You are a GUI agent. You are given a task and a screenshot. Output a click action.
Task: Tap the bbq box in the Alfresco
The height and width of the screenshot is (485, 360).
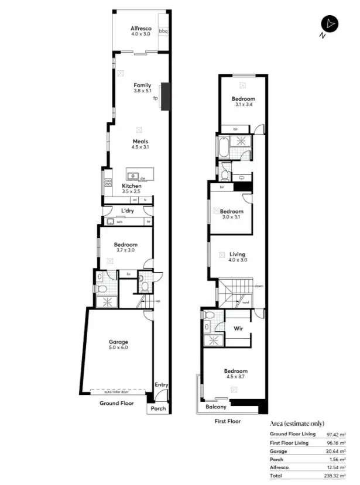pos(164,30)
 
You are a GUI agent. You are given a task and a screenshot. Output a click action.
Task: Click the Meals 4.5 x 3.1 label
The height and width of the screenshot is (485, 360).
pos(140,145)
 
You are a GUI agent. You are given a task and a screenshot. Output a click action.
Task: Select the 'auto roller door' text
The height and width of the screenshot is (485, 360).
pos(117,392)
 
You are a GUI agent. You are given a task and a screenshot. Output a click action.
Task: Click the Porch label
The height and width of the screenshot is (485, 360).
pos(158,408)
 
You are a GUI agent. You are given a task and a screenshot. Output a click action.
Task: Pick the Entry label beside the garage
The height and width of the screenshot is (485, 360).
pos(161,384)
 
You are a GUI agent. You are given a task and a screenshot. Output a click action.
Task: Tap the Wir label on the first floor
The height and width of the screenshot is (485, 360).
pos(238,329)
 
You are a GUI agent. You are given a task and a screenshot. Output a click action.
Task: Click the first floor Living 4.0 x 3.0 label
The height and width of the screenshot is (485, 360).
pos(238,257)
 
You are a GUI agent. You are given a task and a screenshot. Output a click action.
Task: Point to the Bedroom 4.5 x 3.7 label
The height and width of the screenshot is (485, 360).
pos(236,374)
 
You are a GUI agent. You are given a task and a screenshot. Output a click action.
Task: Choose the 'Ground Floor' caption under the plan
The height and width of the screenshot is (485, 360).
pos(116,404)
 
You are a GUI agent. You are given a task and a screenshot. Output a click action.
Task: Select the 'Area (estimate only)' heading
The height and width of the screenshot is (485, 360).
pos(297,423)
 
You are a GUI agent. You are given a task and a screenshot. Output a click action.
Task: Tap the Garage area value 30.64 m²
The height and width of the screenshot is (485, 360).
pos(335,451)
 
